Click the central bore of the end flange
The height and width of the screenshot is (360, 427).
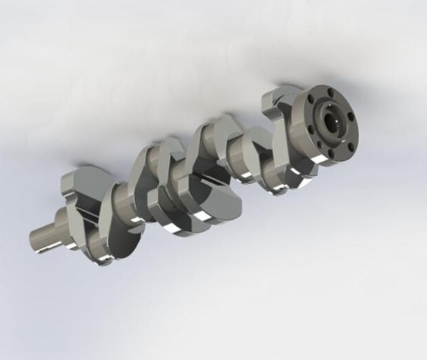[331, 120]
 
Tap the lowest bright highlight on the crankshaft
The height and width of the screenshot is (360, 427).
[104, 261]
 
